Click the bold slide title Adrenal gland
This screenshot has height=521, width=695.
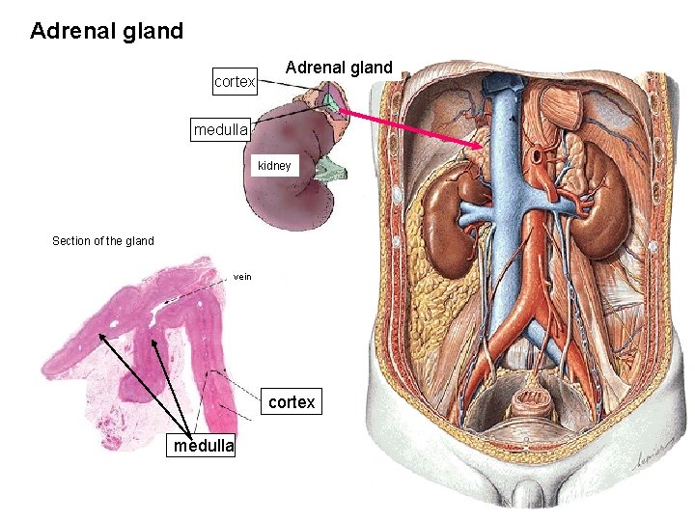106,31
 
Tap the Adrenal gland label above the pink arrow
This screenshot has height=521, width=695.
339,68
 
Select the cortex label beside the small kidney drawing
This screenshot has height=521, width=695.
235,82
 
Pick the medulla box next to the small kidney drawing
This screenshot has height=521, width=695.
221,129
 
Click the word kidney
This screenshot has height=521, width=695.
274,166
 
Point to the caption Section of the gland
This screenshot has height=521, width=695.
102,241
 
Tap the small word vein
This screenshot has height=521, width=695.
242,277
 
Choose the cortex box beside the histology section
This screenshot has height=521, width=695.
291,402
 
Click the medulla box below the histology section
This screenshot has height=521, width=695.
203,446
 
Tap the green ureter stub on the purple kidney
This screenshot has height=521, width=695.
332,172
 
